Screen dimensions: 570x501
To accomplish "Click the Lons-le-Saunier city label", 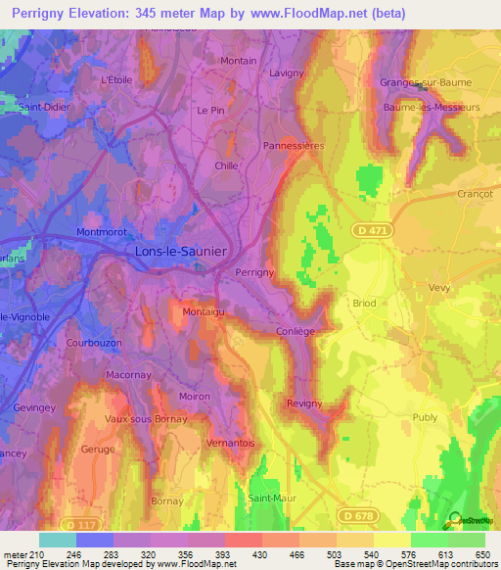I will click(x=179, y=252).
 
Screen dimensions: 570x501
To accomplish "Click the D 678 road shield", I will click(x=357, y=514).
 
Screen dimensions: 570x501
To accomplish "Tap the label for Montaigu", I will click(x=204, y=311).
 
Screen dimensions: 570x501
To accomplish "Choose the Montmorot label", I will click(x=102, y=232).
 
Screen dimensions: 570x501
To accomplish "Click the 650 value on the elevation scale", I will click(x=483, y=553).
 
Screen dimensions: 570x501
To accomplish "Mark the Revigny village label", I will click(x=304, y=404).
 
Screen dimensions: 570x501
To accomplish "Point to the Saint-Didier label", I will click(x=43, y=107).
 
